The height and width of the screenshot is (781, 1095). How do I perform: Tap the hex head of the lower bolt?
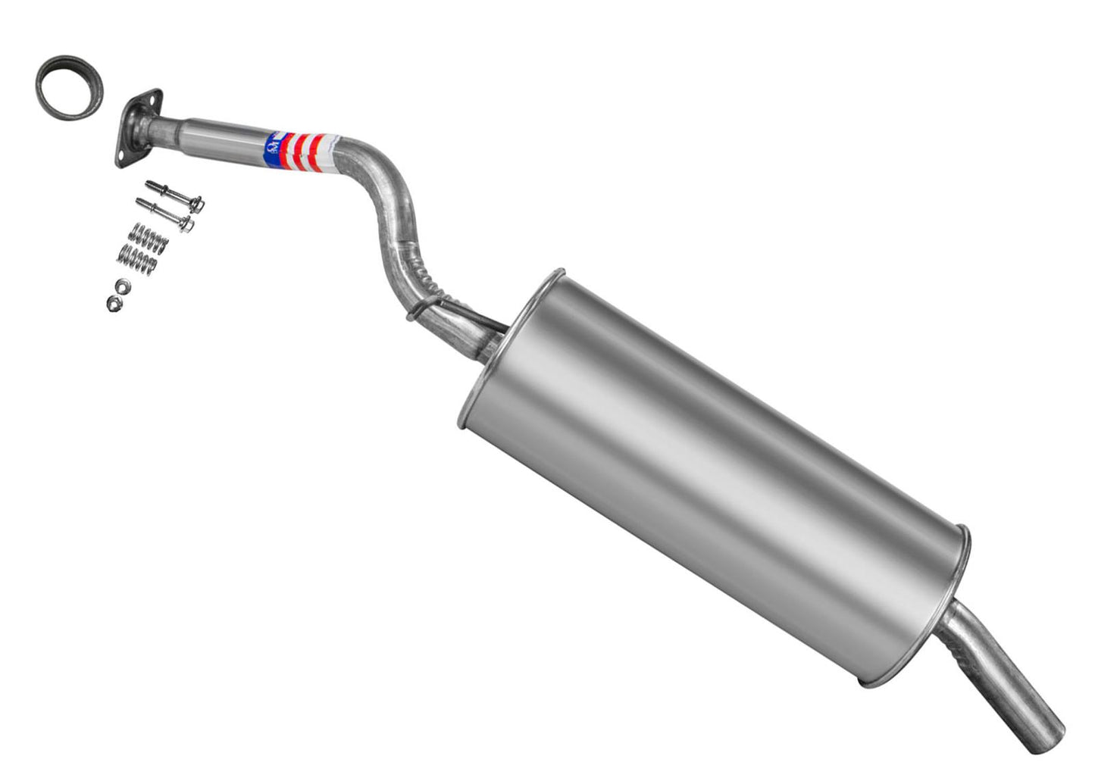tap(186, 224)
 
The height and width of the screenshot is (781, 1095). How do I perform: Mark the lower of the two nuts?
tap(114, 304)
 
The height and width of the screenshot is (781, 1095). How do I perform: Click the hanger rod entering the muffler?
tap(485, 319)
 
